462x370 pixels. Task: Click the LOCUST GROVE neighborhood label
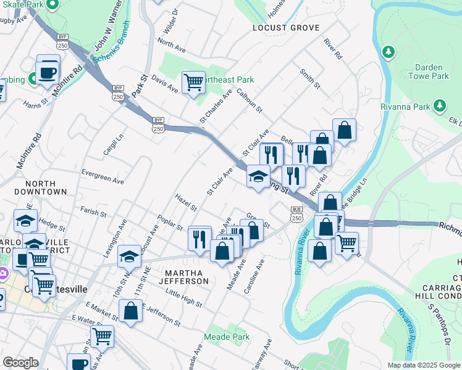pyautogui.click(x=285, y=28)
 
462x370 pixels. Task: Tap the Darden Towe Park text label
pyautogui.click(x=429, y=71)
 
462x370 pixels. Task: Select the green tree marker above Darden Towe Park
pyautogui.click(x=389, y=51)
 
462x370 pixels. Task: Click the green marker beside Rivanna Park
pyautogui.click(x=440, y=106)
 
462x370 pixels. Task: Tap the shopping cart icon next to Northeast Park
pyautogui.click(x=193, y=82)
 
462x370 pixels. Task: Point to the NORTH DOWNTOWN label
pyautogui.click(x=45, y=187)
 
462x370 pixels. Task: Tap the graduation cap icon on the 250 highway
pyautogui.click(x=258, y=177)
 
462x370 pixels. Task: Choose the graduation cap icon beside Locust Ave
pyautogui.click(x=129, y=255)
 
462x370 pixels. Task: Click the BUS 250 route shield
pyautogui.click(x=296, y=215)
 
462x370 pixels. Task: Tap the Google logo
pyautogui.click(x=20, y=363)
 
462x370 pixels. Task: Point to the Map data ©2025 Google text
pyautogui.click(x=422, y=365)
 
